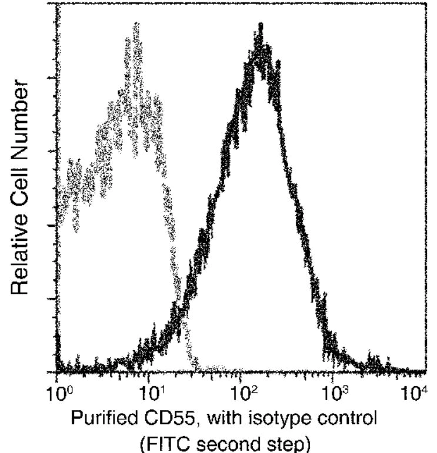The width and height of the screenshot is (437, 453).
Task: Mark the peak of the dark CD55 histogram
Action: [259, 26]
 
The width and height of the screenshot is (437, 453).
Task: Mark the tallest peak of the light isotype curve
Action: [136, 25]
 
